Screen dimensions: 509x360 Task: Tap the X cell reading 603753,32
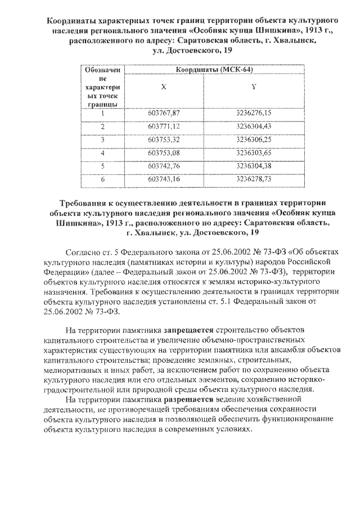pos(164,139)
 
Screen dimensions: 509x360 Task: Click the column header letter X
pos(164,87)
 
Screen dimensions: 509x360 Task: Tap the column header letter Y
pos(254,87)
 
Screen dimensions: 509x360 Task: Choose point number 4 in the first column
pos(103,152)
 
